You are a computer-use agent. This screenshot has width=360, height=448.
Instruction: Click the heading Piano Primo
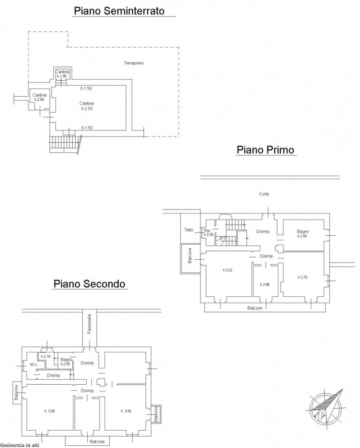pyautogui.click(x=266, y=150)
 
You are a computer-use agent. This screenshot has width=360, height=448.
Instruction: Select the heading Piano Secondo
pyautogui.click(x=90, y=284)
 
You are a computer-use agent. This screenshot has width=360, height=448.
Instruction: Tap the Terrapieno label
pyautogui.click(x=134, y=63)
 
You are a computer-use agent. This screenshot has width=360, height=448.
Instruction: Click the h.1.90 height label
pyautogui.click(x=62, y=76)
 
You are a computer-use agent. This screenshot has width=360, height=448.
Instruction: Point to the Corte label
pyautogui.click(x=264, y=194)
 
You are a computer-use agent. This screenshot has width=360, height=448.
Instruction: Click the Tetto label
pyautogui.click(x=189, y=230)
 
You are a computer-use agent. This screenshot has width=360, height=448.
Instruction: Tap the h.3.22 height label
pyautogui.click(x=227, y=270)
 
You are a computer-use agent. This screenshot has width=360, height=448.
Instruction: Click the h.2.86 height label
pyautogui.click(x=265, y=284)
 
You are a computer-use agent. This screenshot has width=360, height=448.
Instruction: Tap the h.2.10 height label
pyautogui.click(x=46, y=356)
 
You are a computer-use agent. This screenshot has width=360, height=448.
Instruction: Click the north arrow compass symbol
pyautogui.click(x=327, y=404)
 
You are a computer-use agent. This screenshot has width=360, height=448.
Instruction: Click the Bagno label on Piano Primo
pyautogui.click(x=303, y=231)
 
